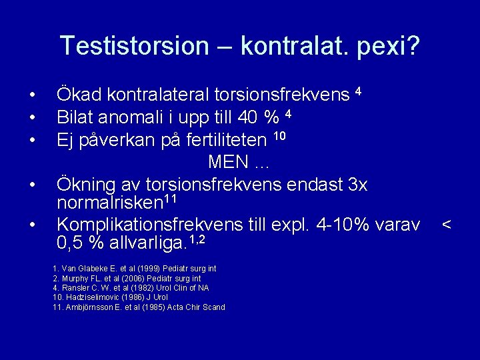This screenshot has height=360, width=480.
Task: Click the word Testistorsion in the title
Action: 134,45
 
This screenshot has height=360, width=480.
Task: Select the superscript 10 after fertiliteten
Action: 280,136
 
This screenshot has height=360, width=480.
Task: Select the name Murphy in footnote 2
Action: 74,278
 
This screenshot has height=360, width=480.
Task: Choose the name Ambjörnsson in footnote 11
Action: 89,307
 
